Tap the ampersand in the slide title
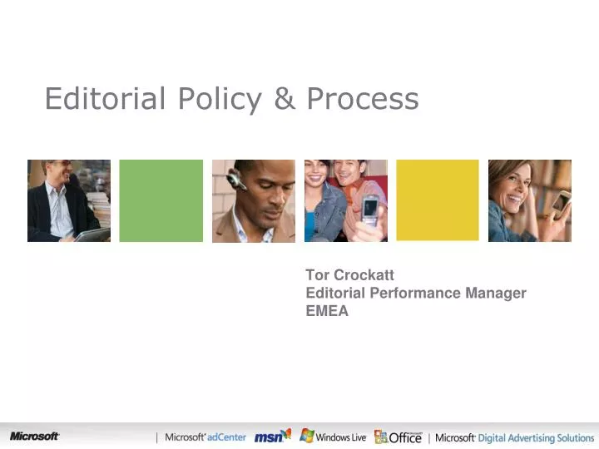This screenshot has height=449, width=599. point(285,99)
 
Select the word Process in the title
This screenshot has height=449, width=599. point(363,100)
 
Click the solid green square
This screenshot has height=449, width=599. point(161,200)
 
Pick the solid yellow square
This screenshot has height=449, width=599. point(438,200)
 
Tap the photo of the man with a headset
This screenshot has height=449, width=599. point(254,200)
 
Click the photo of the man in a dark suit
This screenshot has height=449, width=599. point(69,200)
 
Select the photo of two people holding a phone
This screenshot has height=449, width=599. point(345,200)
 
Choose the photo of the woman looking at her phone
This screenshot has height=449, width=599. point(529,200)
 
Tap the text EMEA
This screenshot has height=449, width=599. point(327,311)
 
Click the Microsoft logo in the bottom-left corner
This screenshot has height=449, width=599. point(34,437)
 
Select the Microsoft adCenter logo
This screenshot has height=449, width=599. point(205,437)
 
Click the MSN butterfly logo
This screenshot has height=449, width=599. point(273,436)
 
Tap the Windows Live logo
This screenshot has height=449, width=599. point(333,437)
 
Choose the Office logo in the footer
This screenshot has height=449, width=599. point(399,437)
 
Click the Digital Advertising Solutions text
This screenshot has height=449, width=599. point(536,437)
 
